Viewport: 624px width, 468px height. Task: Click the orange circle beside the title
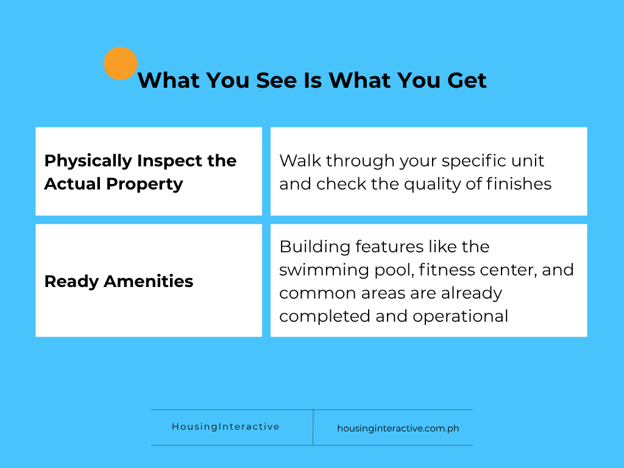(x=121, y=63)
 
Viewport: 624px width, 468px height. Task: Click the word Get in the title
(x=467, y=80)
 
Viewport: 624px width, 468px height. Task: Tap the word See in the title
(x=277, y=80)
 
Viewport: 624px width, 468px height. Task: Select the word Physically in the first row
(x=88, y=161)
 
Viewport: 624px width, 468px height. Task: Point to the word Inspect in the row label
(x=169, y=161)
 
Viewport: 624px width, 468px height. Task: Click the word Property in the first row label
(x=144, y=185)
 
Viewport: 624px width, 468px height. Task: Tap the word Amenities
(x=149, y=282)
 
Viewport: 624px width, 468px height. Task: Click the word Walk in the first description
(x=300, y=161)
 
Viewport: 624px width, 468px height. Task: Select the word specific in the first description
(x=473, y=161)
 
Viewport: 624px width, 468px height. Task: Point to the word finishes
(x=519, y=184)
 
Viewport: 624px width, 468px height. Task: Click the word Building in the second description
(x=315, y=247)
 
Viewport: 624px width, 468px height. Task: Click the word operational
(x=460, y=317)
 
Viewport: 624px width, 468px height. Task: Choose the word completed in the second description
(x=324, y=317)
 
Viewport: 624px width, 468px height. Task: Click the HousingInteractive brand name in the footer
(x=225, y=427)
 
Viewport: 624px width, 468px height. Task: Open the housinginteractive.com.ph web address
(x=398, y=428)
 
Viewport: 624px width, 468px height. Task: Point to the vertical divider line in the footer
(x=313, y=427)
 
